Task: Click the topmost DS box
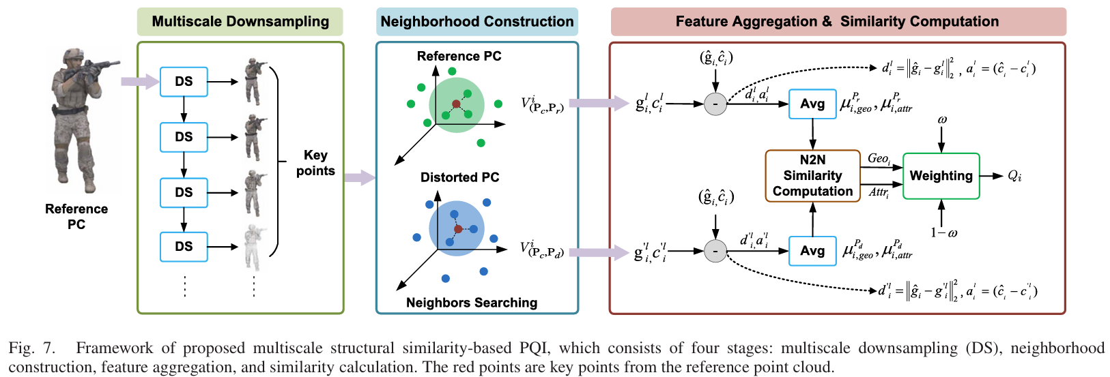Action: pos(184,82)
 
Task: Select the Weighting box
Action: pos(941,176)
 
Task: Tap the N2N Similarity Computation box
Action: pos(812,175)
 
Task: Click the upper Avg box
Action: pos(812,104)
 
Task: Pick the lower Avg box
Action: pos(812,251)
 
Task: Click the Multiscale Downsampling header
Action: pos(240,22)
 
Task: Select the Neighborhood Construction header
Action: pos(476,22)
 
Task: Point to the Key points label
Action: pos(315,163)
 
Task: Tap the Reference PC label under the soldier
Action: pos(76,216)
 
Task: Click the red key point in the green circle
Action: pos(456,104)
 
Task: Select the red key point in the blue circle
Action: pos(458,229)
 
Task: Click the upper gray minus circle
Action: pos(715,104)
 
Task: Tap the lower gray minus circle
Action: pos(715,251)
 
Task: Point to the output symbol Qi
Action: pos(1014,176)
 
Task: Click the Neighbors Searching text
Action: pos(472,303)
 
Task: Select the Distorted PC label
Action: pos(459,177)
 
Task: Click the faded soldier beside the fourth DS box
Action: pos(254,247)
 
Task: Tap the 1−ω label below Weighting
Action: pos(943,233)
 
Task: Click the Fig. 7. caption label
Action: pos(31,348)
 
